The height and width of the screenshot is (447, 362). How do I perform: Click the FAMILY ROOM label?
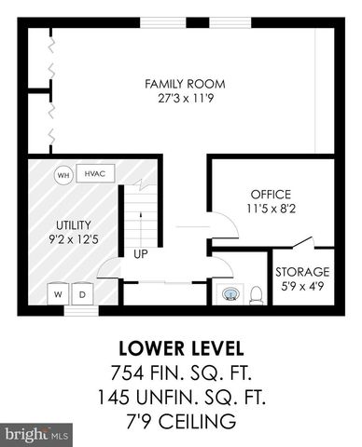[x=185, y=84]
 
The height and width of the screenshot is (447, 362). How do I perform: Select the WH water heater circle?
[x=63, y=175]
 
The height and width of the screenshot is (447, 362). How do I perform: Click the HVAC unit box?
[x=95, y=174]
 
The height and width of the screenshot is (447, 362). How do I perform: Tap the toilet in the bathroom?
[x=254, y=293]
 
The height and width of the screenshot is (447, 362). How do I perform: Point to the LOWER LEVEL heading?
[x=181, y=349]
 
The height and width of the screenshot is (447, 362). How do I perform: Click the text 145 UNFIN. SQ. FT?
[x=181, y=398]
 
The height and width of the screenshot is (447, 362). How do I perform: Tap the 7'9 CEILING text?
[x=181, y=422]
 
